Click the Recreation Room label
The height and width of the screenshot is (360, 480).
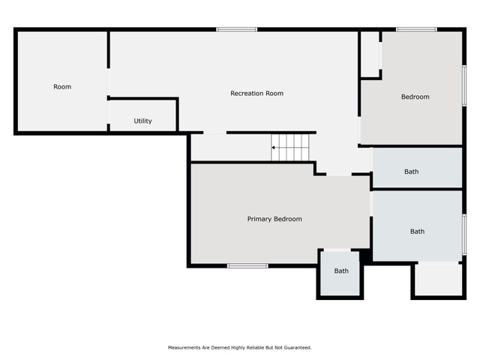[x=256, y=93]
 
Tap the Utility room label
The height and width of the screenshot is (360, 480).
[x=142, y=121]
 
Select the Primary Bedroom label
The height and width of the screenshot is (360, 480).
[x=274, y=219]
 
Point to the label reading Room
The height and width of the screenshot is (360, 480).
[x=62, y=87]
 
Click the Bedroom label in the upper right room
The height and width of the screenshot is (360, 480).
[x=415, y=97]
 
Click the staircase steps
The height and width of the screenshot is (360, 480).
[x=290, y=148]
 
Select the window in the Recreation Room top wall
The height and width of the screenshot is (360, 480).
[x=237, y=29]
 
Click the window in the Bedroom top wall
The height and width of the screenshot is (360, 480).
[x=416, y=29]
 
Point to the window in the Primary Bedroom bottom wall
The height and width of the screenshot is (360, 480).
[x=247, y=265]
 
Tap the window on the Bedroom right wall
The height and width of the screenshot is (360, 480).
[x=464, y=85]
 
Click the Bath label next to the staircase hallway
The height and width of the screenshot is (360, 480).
[x=412, y=172]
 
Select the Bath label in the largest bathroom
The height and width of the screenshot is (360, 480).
[x=417, y=232]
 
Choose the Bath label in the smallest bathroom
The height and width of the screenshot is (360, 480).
[x=341, y=271]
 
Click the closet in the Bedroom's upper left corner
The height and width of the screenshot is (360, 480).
[x=370, y=54]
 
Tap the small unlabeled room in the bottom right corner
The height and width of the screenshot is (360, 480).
[x=438, y=280]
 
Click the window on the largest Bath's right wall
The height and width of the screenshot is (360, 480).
[x=464, y=235]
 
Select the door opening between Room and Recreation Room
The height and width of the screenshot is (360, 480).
[x=108, y=82]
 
